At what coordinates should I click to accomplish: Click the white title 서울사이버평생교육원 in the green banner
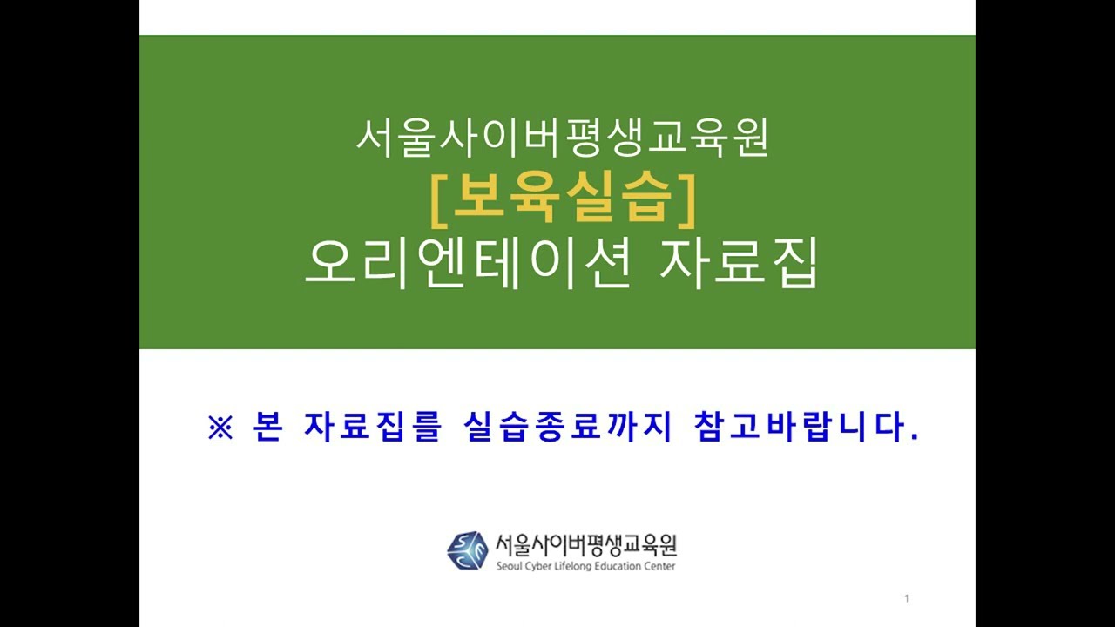562,138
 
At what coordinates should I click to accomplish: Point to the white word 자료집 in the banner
738,264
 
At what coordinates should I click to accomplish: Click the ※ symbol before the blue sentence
220,429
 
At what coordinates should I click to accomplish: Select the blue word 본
268,429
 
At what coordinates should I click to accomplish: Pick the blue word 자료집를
373,429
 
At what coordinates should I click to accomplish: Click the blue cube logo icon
467,550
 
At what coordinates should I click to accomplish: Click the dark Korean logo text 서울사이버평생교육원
585,545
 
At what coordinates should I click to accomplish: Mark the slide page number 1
907,598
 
